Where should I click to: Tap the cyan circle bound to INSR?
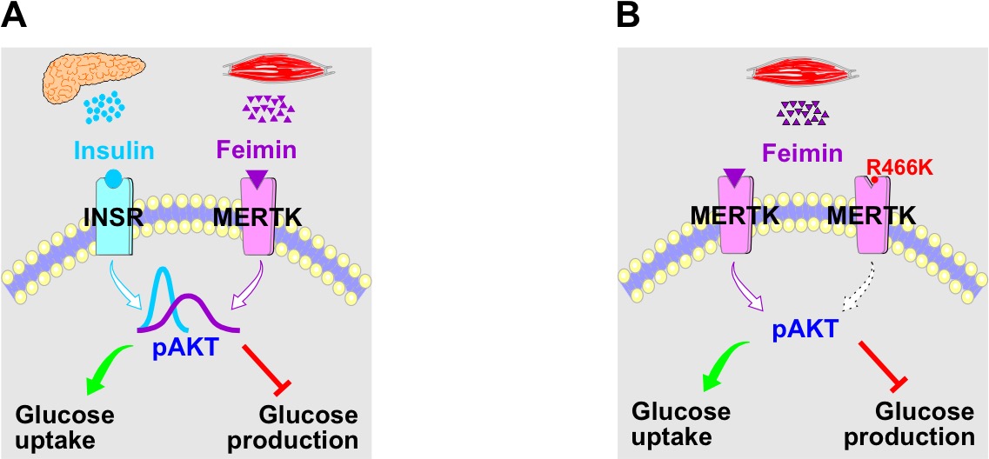114,181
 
